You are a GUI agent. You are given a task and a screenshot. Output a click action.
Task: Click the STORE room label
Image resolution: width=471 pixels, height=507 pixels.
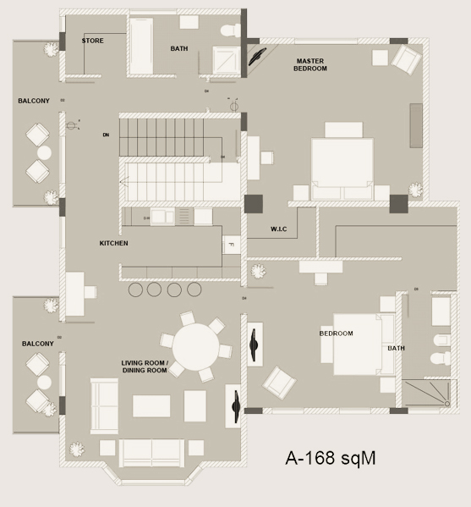(x=93, y=41)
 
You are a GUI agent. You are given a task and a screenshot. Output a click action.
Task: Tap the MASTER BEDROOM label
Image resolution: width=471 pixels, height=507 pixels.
(x=311, y=64)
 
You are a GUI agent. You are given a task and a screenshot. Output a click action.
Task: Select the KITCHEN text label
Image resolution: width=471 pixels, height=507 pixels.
(x=113, y=243)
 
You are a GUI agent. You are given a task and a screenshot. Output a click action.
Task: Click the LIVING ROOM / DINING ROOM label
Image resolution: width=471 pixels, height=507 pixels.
(x=145, y=366)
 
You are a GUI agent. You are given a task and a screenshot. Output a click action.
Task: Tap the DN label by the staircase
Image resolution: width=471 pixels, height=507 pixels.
(x=106, y=135)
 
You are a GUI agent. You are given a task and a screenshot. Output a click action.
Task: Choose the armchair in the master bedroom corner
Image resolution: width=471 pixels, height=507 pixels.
(x=406, y=59)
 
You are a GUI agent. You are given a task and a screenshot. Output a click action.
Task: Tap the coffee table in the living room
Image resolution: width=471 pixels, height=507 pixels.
(x=151, y=406)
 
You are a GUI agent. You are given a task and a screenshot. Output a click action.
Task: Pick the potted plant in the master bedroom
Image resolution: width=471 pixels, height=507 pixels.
(x=415, y=190)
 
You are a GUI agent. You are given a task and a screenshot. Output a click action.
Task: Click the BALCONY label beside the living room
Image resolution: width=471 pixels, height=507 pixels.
(x=38, y=344)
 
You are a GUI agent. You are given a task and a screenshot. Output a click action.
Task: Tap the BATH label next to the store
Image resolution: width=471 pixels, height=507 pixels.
(x=179, y=48)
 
